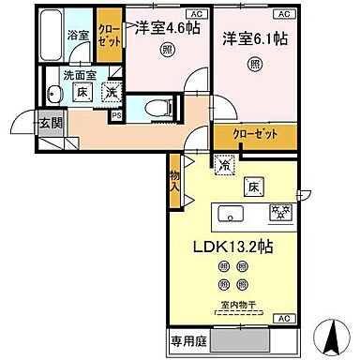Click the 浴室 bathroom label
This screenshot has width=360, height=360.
(78, 35)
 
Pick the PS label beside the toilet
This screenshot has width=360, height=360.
(116, 115)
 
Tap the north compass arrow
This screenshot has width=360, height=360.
(332, 331)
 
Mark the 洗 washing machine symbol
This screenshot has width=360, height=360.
(111, 92)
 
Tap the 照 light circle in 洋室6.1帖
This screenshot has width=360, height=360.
(255, 65)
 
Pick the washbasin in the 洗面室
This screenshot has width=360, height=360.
(54, 93)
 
